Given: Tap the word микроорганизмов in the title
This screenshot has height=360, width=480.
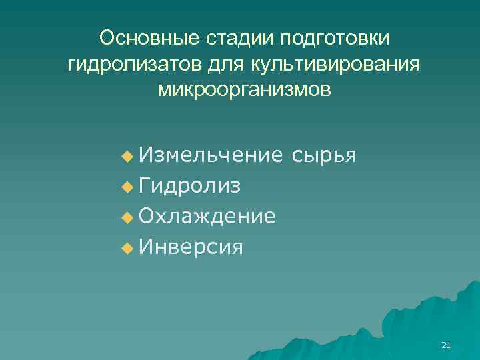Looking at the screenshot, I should pyautogui.click(x=243, y=89).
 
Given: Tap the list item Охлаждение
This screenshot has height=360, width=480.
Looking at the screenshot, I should pyautogui.click(x=207, y=217).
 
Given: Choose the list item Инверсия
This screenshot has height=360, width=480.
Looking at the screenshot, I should pyautogui.click(x=191, y=247).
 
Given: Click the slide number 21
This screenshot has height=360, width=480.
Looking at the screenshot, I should pyautogui.click(x=447, y=345).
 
